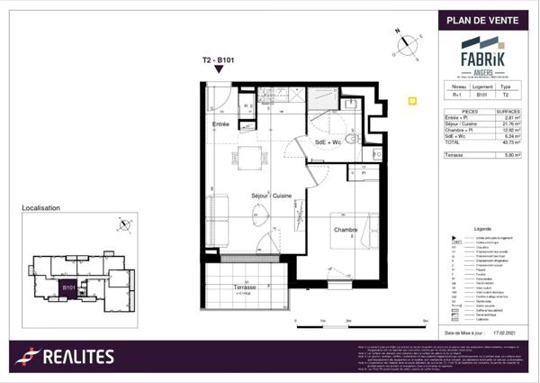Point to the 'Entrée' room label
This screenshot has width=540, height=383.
coord(220,123)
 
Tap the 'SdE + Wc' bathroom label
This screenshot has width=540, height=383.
coord(328,141)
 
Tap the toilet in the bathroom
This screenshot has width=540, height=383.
coord(352,138)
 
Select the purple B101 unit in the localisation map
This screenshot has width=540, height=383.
coord(67,288)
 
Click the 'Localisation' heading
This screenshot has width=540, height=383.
coord(40,208)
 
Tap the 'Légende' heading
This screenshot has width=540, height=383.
coord(481,230)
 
